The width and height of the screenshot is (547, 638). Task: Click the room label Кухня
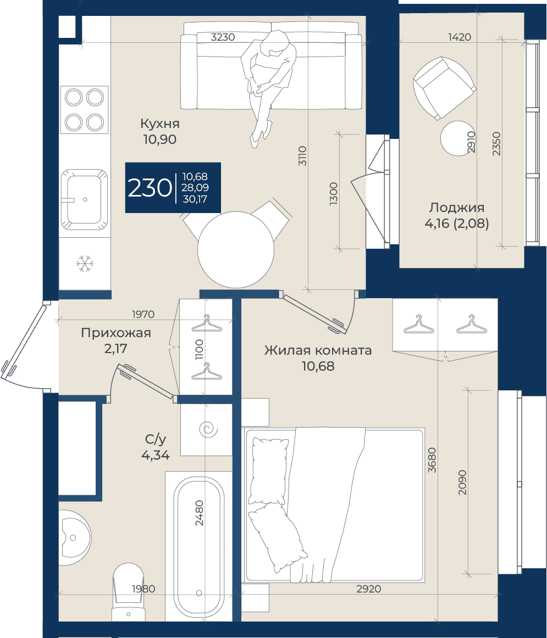tap(159, 124)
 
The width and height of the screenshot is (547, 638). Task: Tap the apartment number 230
tap(150, 188)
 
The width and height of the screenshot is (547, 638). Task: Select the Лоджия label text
tap(457, 208)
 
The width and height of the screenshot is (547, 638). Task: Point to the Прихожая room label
tap(116, 333)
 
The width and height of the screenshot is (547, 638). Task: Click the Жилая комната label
tap(318, 350)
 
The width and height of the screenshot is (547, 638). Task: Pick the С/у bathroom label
tap(156, 439)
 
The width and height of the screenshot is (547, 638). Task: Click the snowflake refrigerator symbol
tap(85, 264)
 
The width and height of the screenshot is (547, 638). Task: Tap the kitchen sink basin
tap(84, 199)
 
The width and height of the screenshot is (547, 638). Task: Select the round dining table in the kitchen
tap(236, 249)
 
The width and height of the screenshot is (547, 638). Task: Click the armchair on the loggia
tap(444, 88)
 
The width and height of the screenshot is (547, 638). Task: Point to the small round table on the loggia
tap(458, 138)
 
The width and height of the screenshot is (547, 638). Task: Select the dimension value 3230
tap(223, 37)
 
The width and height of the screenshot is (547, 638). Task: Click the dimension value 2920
tap(368, 589)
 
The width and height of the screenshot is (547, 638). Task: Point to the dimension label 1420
tap(460, 37)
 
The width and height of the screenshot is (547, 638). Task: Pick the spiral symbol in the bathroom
tap(208, 430)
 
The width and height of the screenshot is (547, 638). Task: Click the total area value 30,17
tap(195, 199)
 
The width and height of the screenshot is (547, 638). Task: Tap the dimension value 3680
tap(432, 460)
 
